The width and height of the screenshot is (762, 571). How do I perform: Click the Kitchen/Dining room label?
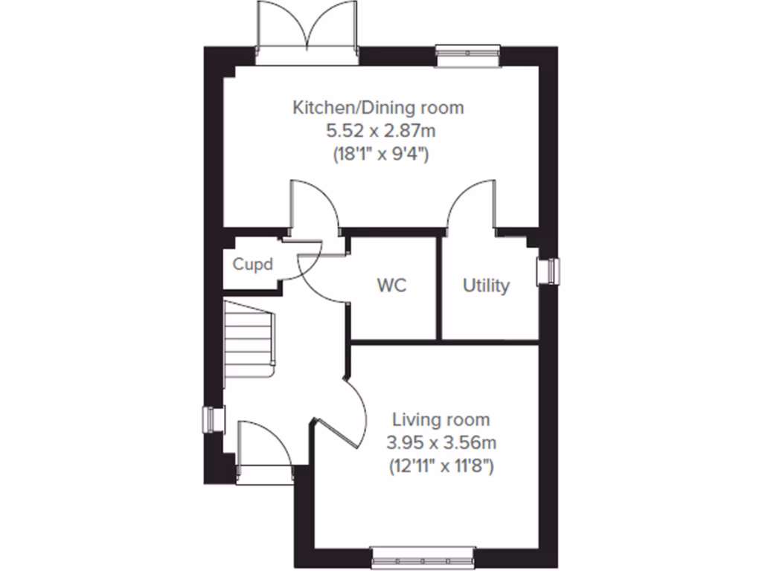pos(378,108)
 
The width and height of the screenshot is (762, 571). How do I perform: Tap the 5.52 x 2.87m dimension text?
pos(378,132)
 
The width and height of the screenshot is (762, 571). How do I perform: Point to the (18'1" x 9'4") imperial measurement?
pos(378,155)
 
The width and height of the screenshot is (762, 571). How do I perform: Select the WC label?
pos(391,285)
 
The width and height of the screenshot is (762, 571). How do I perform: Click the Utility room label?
pos(486,285)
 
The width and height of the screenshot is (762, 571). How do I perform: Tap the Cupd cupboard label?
pos(253,264)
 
